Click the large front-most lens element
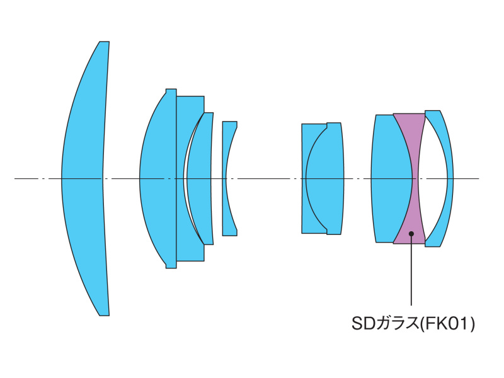click(85, 178)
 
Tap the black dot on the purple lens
click(411, 233)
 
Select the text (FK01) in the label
click(447, 324)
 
